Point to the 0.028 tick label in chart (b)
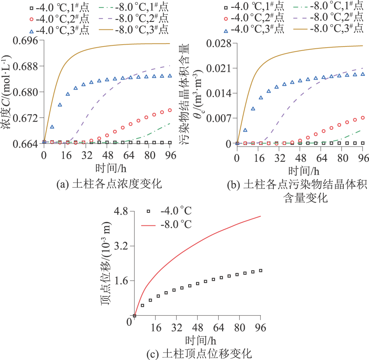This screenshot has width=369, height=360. point(219,44)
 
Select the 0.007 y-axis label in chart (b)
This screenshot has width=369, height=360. point(219,118)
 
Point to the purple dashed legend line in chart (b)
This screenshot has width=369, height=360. point(290,17)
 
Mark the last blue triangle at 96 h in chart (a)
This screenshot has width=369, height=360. point(170,75)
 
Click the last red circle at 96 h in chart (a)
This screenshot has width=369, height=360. point(170,110)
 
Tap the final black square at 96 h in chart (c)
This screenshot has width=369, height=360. point(261,270)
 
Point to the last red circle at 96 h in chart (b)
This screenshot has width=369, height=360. point(363,118)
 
